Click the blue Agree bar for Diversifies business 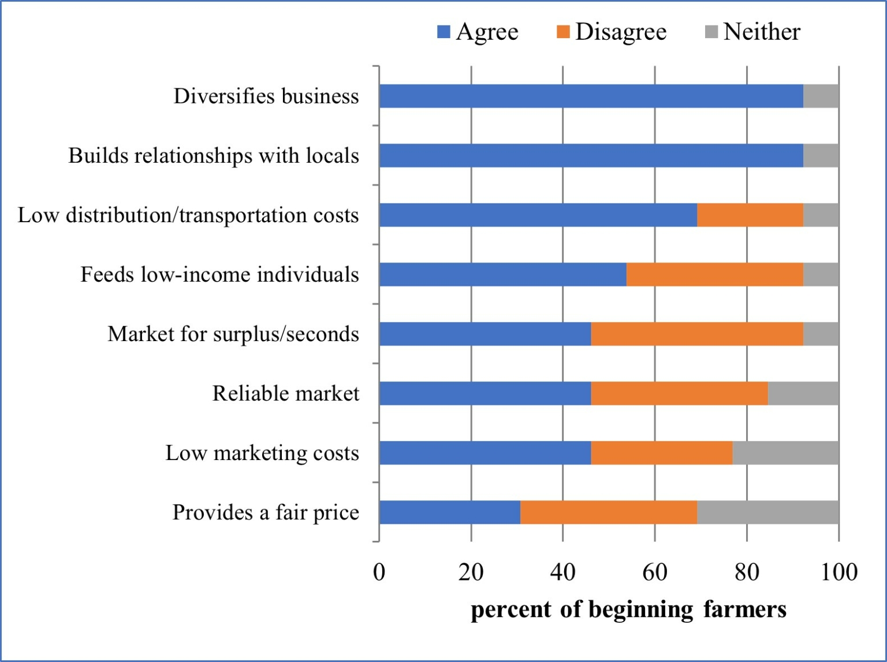coord(591,96)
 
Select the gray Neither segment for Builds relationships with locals coord(821,155)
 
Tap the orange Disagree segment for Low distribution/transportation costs coord(750,215)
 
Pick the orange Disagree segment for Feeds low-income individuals coord(714,274)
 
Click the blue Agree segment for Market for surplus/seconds coord(485,334)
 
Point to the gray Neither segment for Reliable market coord(803,393)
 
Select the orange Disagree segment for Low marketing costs coord(661,452)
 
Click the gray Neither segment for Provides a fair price coord(767,512)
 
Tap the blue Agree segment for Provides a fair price coord(449,512)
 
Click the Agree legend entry coord(478,32)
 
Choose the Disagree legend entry coord(612,32)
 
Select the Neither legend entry coord(753,32)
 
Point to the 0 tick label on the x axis coord(379,572)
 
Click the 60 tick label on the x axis coord(655,572)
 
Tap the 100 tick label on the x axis coord(838,572)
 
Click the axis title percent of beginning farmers coord(628,609)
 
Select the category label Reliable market coord(286,393)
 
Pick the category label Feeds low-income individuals coord(219,274)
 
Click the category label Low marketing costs coord(262,452)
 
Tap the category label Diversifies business coord(266,96)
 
